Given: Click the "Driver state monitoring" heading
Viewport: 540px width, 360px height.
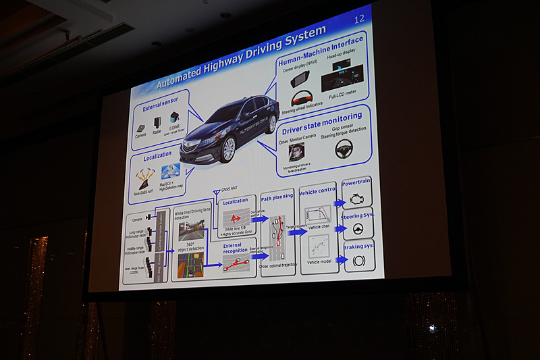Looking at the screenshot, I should pyautogui.click(x=323, y=120).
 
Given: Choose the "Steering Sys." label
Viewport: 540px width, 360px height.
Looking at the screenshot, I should pyautogui.click(x=358, y=215).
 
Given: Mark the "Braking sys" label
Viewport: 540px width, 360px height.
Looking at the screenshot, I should pyautogui.click(x=358, y=245).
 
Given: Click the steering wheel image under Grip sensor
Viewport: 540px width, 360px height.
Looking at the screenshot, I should pyautogui.click(x=344, y=149).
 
